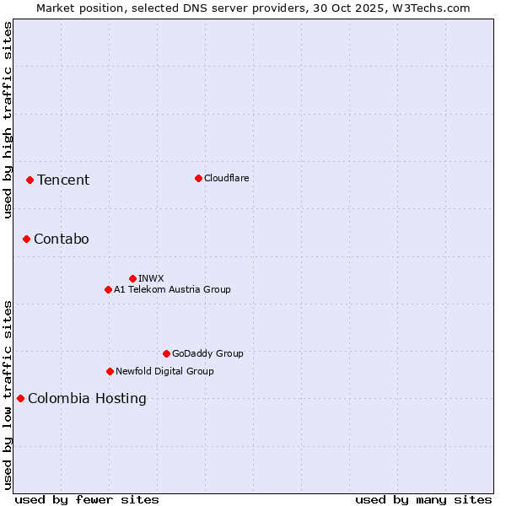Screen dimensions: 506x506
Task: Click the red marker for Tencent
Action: pyautogui.click(x=30, y=180)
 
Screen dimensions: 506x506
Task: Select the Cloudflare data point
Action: pyautogui.click(x=198, y=178)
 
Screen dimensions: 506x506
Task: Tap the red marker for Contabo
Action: pyautogui.click(x=26, y=239)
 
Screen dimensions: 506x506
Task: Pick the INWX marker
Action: pyautogui.click(x=132, y=278)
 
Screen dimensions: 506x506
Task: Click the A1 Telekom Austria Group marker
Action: pyautogui.click(x=108, y=289)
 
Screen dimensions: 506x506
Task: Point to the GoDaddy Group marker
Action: pyautogui.click(x=166, y=353)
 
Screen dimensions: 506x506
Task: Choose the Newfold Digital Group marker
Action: pyautogui.click(x=110, y=371)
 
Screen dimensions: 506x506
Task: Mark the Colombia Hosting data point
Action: pyautogui.click(x=20, y=398)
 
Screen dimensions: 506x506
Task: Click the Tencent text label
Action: pyautogui.click(x=63, y=180)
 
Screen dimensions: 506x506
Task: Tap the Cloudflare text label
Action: pyautogui.click(x=226, y=178)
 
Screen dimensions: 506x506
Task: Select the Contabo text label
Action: pyautogui.click(x=62, y=240)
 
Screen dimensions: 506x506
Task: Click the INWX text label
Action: pyautogui.click(x=151, y=278)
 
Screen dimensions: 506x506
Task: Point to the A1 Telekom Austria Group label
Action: pyautogui.click(x=172, y=289)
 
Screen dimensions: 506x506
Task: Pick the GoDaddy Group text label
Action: pyautogui.click(x=207, y=353)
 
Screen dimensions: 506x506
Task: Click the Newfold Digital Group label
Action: pyautogui.click(x=164, y=371)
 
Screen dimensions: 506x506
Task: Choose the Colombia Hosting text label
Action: pyautogui.click(x=87, y=399)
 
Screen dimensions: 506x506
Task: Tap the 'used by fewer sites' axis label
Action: pyautogui.click(x=87, y=499)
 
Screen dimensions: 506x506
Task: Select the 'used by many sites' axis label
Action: pyautogui.click(x=423, y=499)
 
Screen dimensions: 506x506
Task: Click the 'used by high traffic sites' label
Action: pyautogui.click(x=8, y=120)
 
